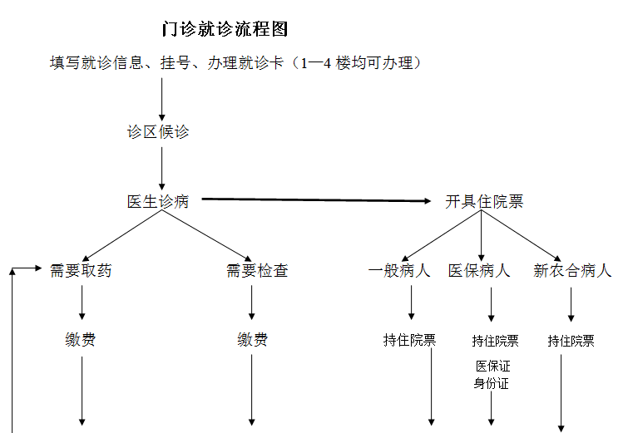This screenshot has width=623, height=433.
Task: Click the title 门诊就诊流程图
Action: (225, 29)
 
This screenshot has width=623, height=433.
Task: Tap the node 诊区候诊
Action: (158, 132)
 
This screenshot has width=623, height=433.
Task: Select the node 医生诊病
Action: (158, 201)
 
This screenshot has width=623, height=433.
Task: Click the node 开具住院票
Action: (484, 202)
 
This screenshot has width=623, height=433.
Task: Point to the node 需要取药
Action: (81, 270)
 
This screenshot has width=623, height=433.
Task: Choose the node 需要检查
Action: (257, 270)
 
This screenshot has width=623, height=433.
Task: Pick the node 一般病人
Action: (399, 270)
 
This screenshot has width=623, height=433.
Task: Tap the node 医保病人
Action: (479, 270)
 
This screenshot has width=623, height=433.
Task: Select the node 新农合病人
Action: (572, 270)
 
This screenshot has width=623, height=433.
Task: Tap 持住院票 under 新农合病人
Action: (571, 341)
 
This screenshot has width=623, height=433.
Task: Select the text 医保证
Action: (492, 366)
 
